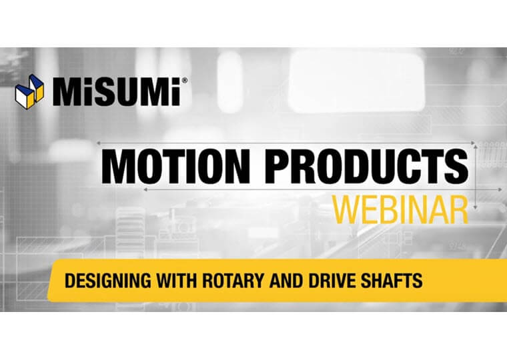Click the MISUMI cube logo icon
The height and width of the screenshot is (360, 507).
[29, 92]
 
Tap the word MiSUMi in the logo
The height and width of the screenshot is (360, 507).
[117, 91]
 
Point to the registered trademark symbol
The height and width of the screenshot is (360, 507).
[184, 81]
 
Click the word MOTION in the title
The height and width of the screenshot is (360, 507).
[176, 167]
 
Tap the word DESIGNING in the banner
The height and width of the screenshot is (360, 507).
[107, 280]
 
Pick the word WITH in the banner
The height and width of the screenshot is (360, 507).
[177, 280]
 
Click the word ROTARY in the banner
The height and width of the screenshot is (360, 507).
[233, 280]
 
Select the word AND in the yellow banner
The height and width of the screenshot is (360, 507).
[286, 280]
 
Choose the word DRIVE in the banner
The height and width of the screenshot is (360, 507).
[332, 280]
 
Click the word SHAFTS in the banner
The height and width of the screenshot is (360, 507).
[392, 280]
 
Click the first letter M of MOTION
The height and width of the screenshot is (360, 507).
[120, 167]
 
